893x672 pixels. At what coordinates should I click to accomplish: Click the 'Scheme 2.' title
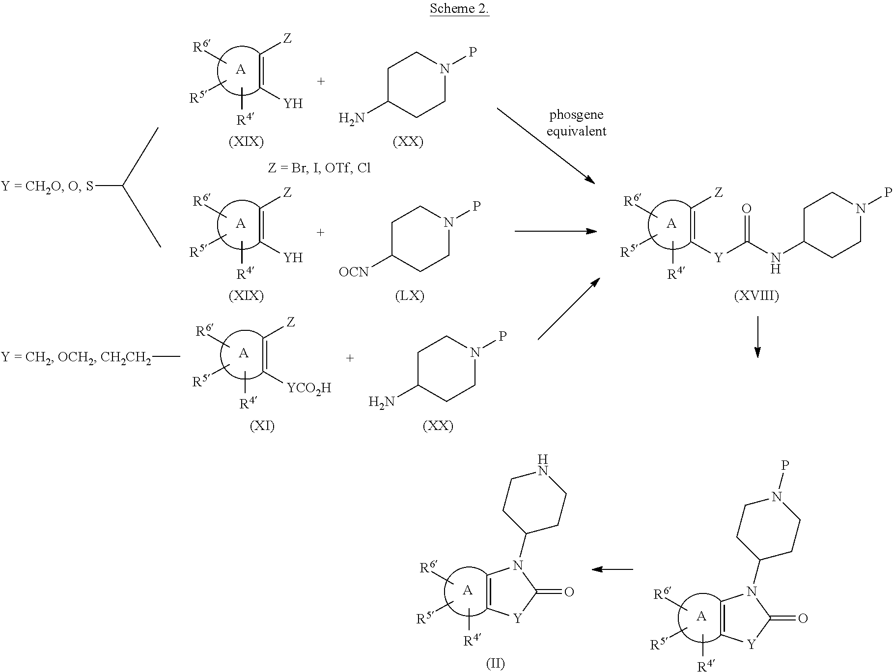point(459,8)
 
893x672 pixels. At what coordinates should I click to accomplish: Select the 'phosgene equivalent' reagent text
point(576,123)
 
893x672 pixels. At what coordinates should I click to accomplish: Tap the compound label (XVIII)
point(756,296)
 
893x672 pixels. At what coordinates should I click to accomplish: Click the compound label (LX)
point(410,296)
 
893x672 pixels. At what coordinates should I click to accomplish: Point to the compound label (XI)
point(262,426)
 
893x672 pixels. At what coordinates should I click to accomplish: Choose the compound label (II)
point(495,664)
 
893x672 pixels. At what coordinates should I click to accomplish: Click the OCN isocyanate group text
point(354,271)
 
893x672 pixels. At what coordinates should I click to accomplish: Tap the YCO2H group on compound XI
point(309,389)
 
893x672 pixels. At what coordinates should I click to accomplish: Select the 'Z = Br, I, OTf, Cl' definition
point(319,168)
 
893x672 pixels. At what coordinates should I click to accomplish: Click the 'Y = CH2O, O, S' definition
point(47,187)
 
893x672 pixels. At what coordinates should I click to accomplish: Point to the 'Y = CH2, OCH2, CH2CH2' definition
point(76,357)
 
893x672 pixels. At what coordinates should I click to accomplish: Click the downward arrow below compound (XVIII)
point(757,337)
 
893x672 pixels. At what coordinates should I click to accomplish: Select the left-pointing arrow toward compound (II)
point(612,569)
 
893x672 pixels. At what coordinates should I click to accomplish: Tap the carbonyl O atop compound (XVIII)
point(747,209)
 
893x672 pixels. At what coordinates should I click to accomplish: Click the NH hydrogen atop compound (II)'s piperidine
point(542,458)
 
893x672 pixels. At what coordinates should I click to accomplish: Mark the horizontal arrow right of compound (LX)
point(556,231)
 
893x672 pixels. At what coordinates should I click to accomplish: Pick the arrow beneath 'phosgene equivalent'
point(546,146)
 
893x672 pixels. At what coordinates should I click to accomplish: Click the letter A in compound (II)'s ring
point(468,590)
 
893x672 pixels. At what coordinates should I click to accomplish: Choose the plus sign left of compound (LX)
point(321,232)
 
